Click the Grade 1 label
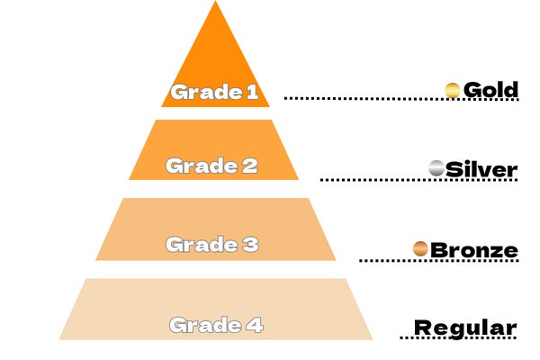(x=215, y=91)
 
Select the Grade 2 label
(x=211, y=166)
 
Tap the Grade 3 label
(x=211, y=244)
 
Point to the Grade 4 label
(x=217, y=324)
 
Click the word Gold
(x=490, y=90)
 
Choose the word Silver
(x=481, y=169)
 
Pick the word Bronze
(x=474, y=249)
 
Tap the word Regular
(x=465, y=328)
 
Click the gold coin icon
(x=453, y=90)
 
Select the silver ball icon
(x=436, y=168)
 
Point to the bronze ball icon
(x=419, y=248)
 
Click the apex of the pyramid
(x=215, y=4)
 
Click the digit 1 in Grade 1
(x=252, y=91)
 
